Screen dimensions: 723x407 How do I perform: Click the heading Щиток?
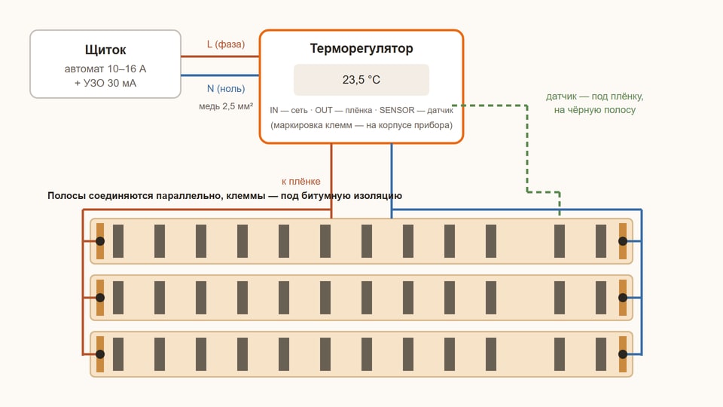[x=105, y=50]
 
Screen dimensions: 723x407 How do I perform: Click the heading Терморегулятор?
[x=361, y=48]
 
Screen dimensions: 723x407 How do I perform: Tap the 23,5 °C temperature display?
[x=361, y=80]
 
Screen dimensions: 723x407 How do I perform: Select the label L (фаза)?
[x=226, y=44]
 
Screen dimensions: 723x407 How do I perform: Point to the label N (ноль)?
[x=226, y=89]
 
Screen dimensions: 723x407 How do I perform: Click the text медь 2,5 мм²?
[x=226, y=106]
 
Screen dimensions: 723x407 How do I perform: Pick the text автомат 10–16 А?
[x=105, y=69]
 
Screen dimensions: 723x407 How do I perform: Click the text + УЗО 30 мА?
[x=105, y=83]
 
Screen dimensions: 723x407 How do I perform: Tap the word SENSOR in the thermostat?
[x=397, y=110]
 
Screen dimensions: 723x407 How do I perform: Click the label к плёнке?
[x=300, y=182]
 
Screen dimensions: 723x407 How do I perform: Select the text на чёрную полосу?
[x=595, y=110]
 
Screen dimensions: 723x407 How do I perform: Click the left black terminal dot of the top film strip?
[x=100, y=241]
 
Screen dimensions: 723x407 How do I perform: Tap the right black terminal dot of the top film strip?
[x=623, y=241]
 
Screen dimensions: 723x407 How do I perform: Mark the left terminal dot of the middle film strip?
[x=100, y=298]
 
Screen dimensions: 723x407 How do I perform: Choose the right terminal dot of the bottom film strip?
[x=623, y=354]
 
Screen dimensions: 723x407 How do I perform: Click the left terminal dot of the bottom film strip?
[x=100, y=354]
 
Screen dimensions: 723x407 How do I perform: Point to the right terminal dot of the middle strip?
[x=623, y=298]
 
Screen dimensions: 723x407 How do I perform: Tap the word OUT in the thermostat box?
[x=324, y=110]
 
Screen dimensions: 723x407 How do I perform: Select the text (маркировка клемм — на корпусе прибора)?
[x=361, y=125]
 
